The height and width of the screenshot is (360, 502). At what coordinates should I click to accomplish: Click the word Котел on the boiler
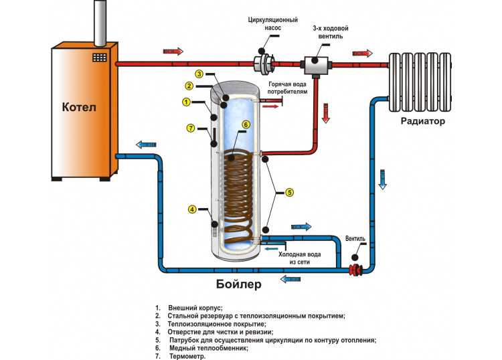click(80, 108)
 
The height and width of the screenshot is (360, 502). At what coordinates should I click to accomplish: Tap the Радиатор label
click(422, 121)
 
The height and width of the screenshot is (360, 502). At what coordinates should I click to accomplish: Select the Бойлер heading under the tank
click(239, 284)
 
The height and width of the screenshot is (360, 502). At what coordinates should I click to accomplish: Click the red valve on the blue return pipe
click(355, 270)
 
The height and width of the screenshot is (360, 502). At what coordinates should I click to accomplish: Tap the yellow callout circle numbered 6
click(246, 124)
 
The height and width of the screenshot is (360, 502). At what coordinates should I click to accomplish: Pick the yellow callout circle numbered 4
click(192, 209)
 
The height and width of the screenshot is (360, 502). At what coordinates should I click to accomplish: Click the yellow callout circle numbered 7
click(191, 128)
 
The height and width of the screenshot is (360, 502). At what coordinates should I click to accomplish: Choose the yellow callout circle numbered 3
click(199, 73)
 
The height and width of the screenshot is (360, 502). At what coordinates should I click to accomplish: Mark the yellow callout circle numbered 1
click(186, 102)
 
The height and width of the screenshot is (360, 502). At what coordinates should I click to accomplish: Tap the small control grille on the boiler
click(100, 58)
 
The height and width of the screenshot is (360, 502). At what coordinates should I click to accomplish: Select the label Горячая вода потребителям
click(288, 88)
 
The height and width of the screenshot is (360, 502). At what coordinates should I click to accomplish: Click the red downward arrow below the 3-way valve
click(327, 112)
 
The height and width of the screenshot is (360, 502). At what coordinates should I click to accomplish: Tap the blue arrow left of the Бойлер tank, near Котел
click(145, 143)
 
